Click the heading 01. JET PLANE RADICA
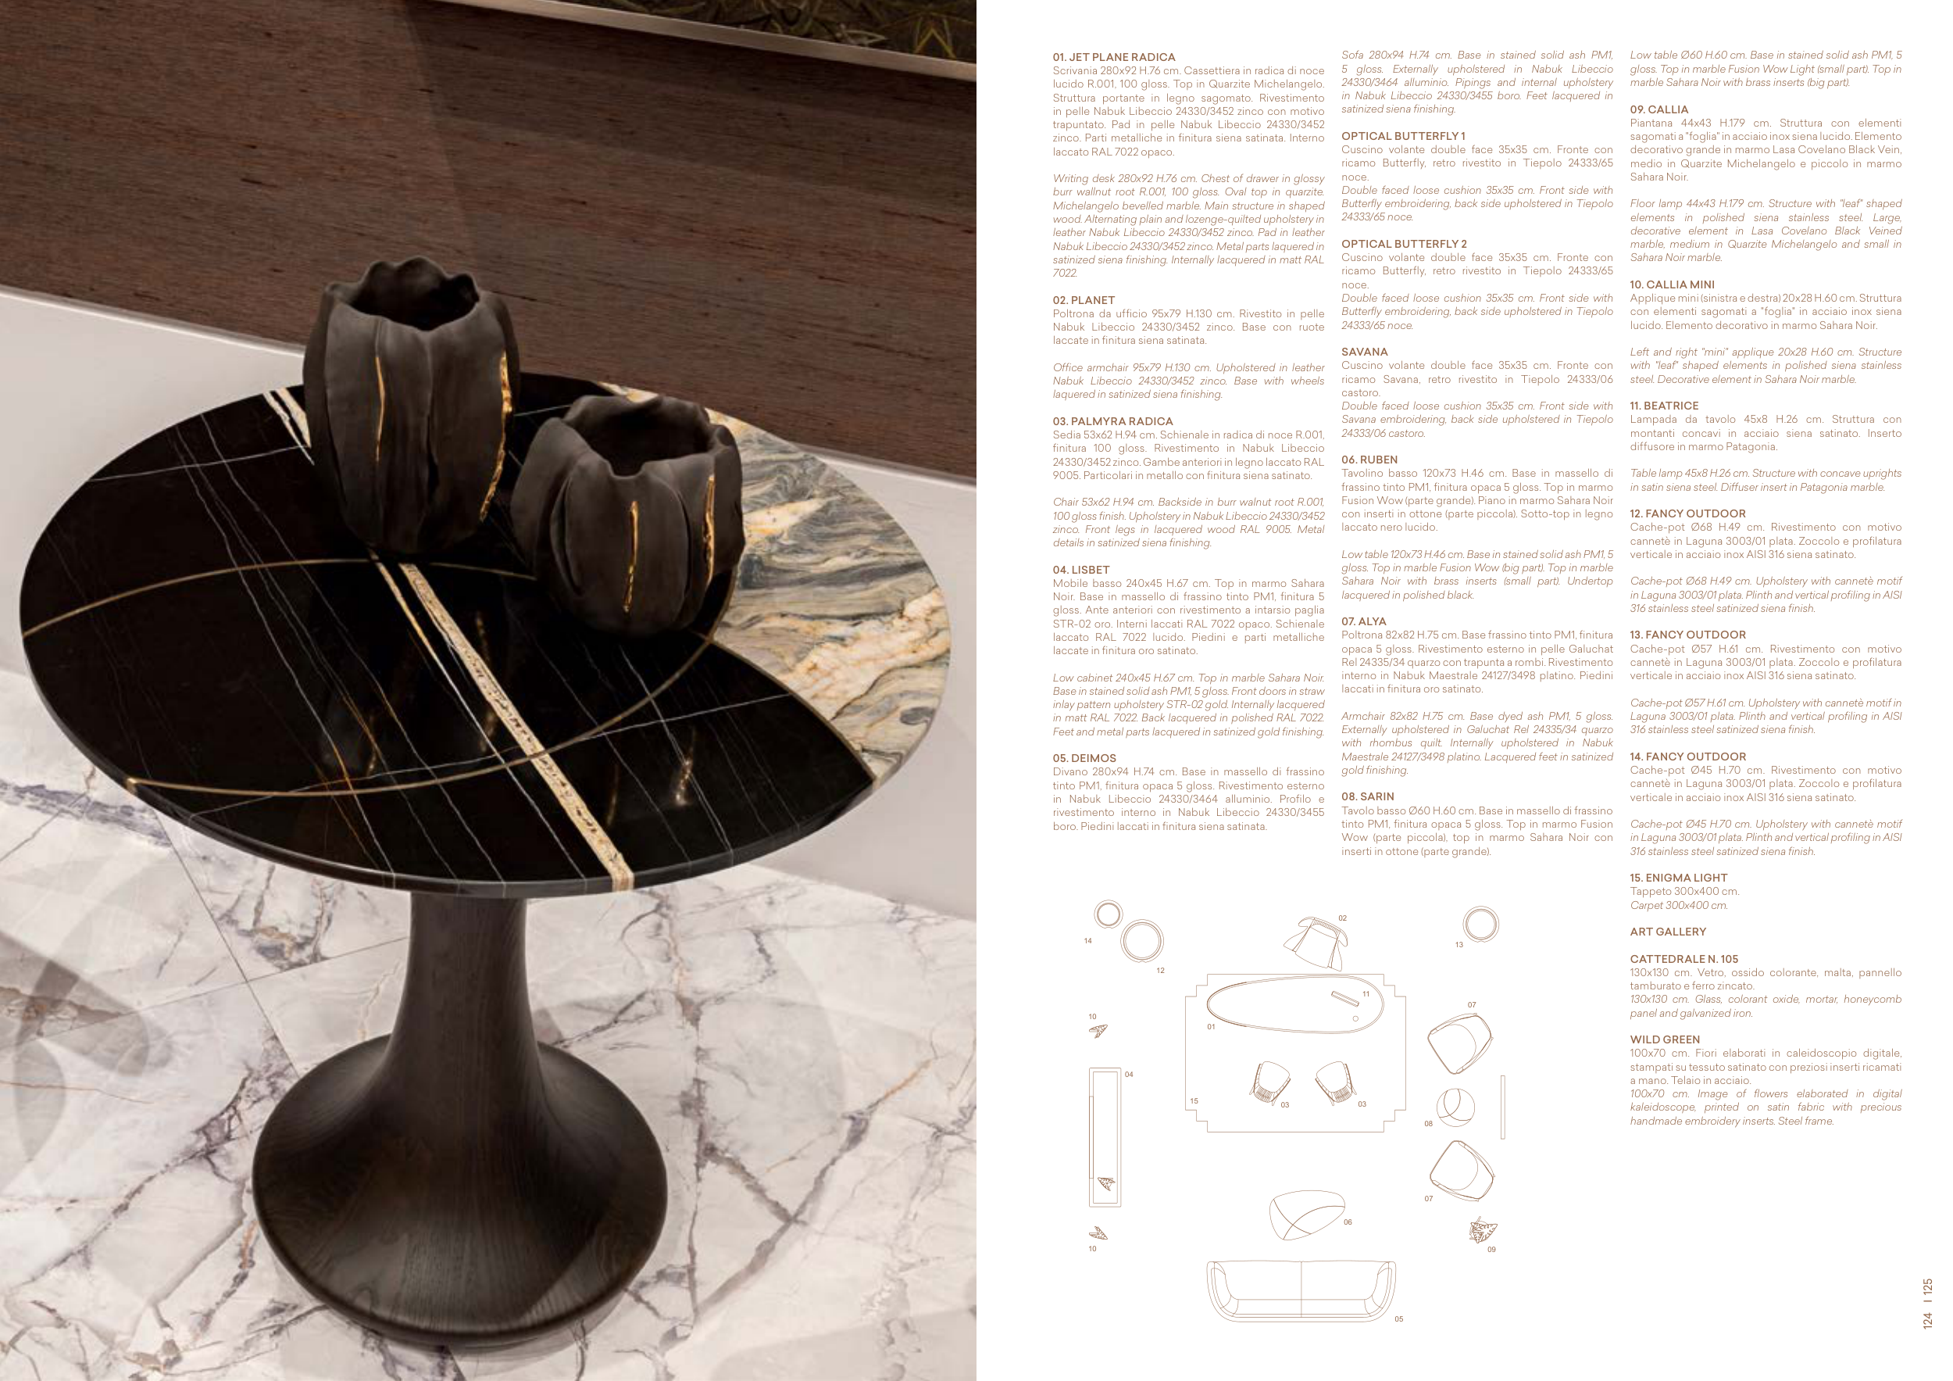pos(1113,57)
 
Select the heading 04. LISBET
pos(1081,570)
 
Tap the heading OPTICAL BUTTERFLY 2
pos(1404,244)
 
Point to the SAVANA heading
pos(1365,352)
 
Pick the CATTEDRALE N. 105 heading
pos(1683,959)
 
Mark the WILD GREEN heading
pos(1665,1039)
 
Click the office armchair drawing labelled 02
pos(1314,943)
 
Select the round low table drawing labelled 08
pos(1455,1106)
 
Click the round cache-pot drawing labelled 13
pos(1481,924)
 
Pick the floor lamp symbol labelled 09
pos(1483,1230)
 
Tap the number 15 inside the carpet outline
pos(1194,1101)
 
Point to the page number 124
pos(1927,1320)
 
